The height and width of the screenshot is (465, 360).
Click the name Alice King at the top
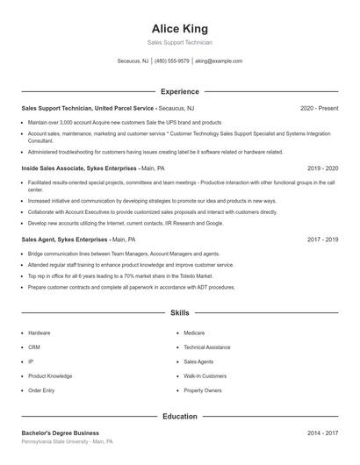[x=179, y=29]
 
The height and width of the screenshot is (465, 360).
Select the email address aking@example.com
[x=219, y=61]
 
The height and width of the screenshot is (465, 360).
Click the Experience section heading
[x=179, y=91]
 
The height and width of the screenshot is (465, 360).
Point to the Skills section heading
[x=179, y=312]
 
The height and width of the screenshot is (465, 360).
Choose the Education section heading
[x=179, y=417]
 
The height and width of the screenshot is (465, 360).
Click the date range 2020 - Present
[x=319, y=108]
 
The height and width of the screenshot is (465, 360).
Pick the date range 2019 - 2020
[x=321, y=168]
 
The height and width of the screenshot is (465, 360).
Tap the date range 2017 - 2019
[x=321, y=239]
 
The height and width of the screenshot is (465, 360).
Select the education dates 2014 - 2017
[x=321, y=433]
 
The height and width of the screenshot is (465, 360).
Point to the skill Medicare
[x=194, y=333]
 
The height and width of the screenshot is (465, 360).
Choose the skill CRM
[x=34, y=347]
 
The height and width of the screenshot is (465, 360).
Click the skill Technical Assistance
[x=206, y=347]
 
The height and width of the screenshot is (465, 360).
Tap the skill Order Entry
[x=41, y=390]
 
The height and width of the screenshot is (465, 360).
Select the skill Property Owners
[x=203, y=390]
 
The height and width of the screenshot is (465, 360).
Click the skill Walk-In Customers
[x=205, y=376]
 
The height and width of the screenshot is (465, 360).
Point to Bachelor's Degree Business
[x=61, y=433]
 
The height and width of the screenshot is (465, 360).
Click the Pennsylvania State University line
[x=67, y=442]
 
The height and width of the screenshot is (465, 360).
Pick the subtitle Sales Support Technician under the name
[x=179, y=42]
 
